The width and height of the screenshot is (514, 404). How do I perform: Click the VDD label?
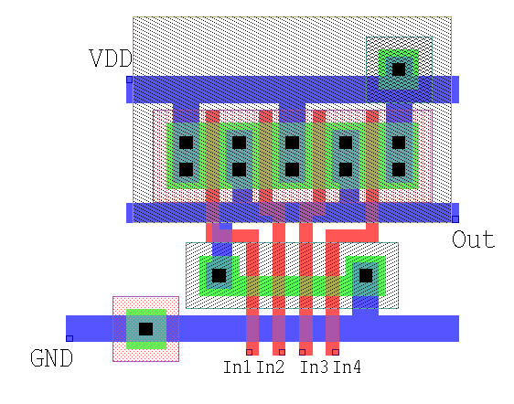tap(111, 58)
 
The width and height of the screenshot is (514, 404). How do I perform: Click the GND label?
tap(51, 357)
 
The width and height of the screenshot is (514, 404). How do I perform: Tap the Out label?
tap(474, 239)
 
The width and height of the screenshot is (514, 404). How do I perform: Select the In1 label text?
tap(237, 367)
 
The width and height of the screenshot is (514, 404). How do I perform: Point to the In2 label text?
tap(270, 367)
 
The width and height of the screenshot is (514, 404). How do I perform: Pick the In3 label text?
tap(314, 367)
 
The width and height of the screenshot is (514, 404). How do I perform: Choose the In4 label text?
tap(348, 367)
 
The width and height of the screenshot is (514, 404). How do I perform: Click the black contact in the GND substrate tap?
tap(145, 329)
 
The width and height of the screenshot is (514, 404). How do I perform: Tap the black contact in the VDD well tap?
tap(399, 69)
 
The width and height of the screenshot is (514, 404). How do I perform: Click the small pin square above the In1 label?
tap(249, 352)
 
